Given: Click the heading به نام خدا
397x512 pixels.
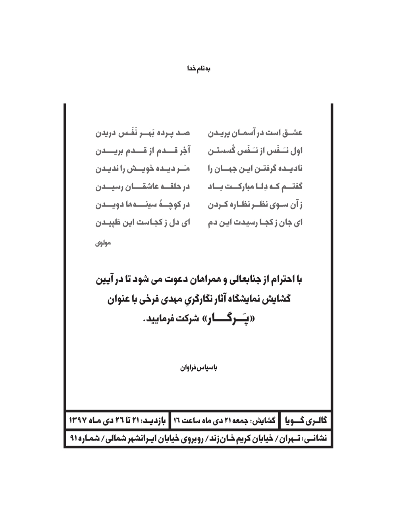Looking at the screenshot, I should coord(198,69).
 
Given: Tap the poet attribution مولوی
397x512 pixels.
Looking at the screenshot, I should coord(103,243).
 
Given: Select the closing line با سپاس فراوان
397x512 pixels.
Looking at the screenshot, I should coord(198,368).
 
